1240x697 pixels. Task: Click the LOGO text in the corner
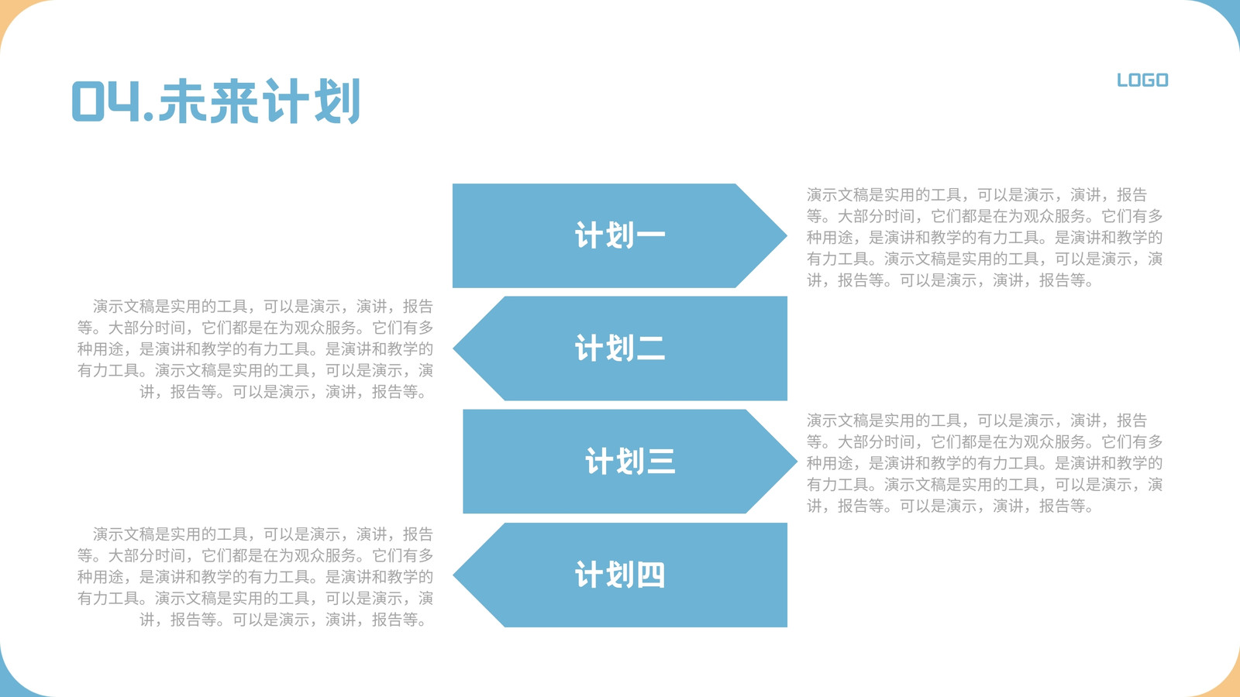click(x=1142, y=81)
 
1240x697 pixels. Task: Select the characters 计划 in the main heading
click(x=311, y=101)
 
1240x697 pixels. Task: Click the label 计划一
click(x=620, y=235)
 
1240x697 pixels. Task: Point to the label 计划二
click(x=620, y=348)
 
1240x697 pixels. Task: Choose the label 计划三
click(x=631, y=462)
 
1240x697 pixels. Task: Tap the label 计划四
click(x=620, y=575)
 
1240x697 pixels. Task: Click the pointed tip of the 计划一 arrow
click(x=787, y=235)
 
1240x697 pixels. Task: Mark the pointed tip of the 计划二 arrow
click(x=453, y=348)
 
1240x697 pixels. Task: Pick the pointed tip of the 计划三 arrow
click(x=797, y=462)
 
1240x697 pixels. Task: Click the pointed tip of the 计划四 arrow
click(x=453, y=575)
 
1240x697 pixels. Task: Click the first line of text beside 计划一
click(x=976, y=194)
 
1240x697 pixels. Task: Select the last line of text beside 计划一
click(x=950, y=280)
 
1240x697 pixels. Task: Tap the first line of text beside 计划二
click(x=263, y=306)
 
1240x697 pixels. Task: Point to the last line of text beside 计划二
click(x=284, y=392)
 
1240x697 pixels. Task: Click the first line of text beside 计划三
click(x=976, y=421)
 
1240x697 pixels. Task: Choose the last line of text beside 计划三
click(x=950, y=506)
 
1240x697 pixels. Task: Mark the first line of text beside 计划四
click(x=263, y=534)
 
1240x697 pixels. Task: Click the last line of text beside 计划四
click(x=284, y=620)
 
